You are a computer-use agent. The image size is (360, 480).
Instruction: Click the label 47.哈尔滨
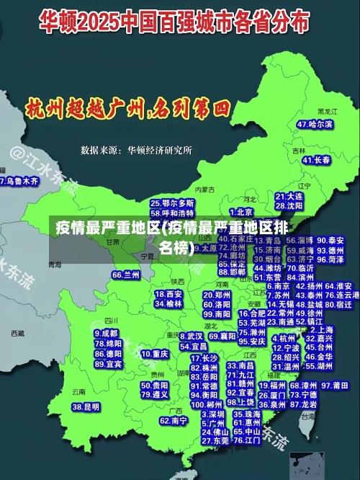[315, 124]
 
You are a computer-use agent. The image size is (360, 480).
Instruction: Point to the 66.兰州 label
[126, 275]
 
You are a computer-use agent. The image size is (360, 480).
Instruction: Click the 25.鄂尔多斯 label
[172, 204]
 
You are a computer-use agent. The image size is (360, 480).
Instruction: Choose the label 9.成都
[107, 334]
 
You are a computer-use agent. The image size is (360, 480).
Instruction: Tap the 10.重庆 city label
[155, 354]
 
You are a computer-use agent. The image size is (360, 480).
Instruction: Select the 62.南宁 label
[174, 420]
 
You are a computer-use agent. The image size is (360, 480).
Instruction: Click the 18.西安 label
[169, 294]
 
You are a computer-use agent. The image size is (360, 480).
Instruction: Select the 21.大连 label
[289, 196]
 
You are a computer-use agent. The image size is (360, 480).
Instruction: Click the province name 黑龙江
[328, 112]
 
